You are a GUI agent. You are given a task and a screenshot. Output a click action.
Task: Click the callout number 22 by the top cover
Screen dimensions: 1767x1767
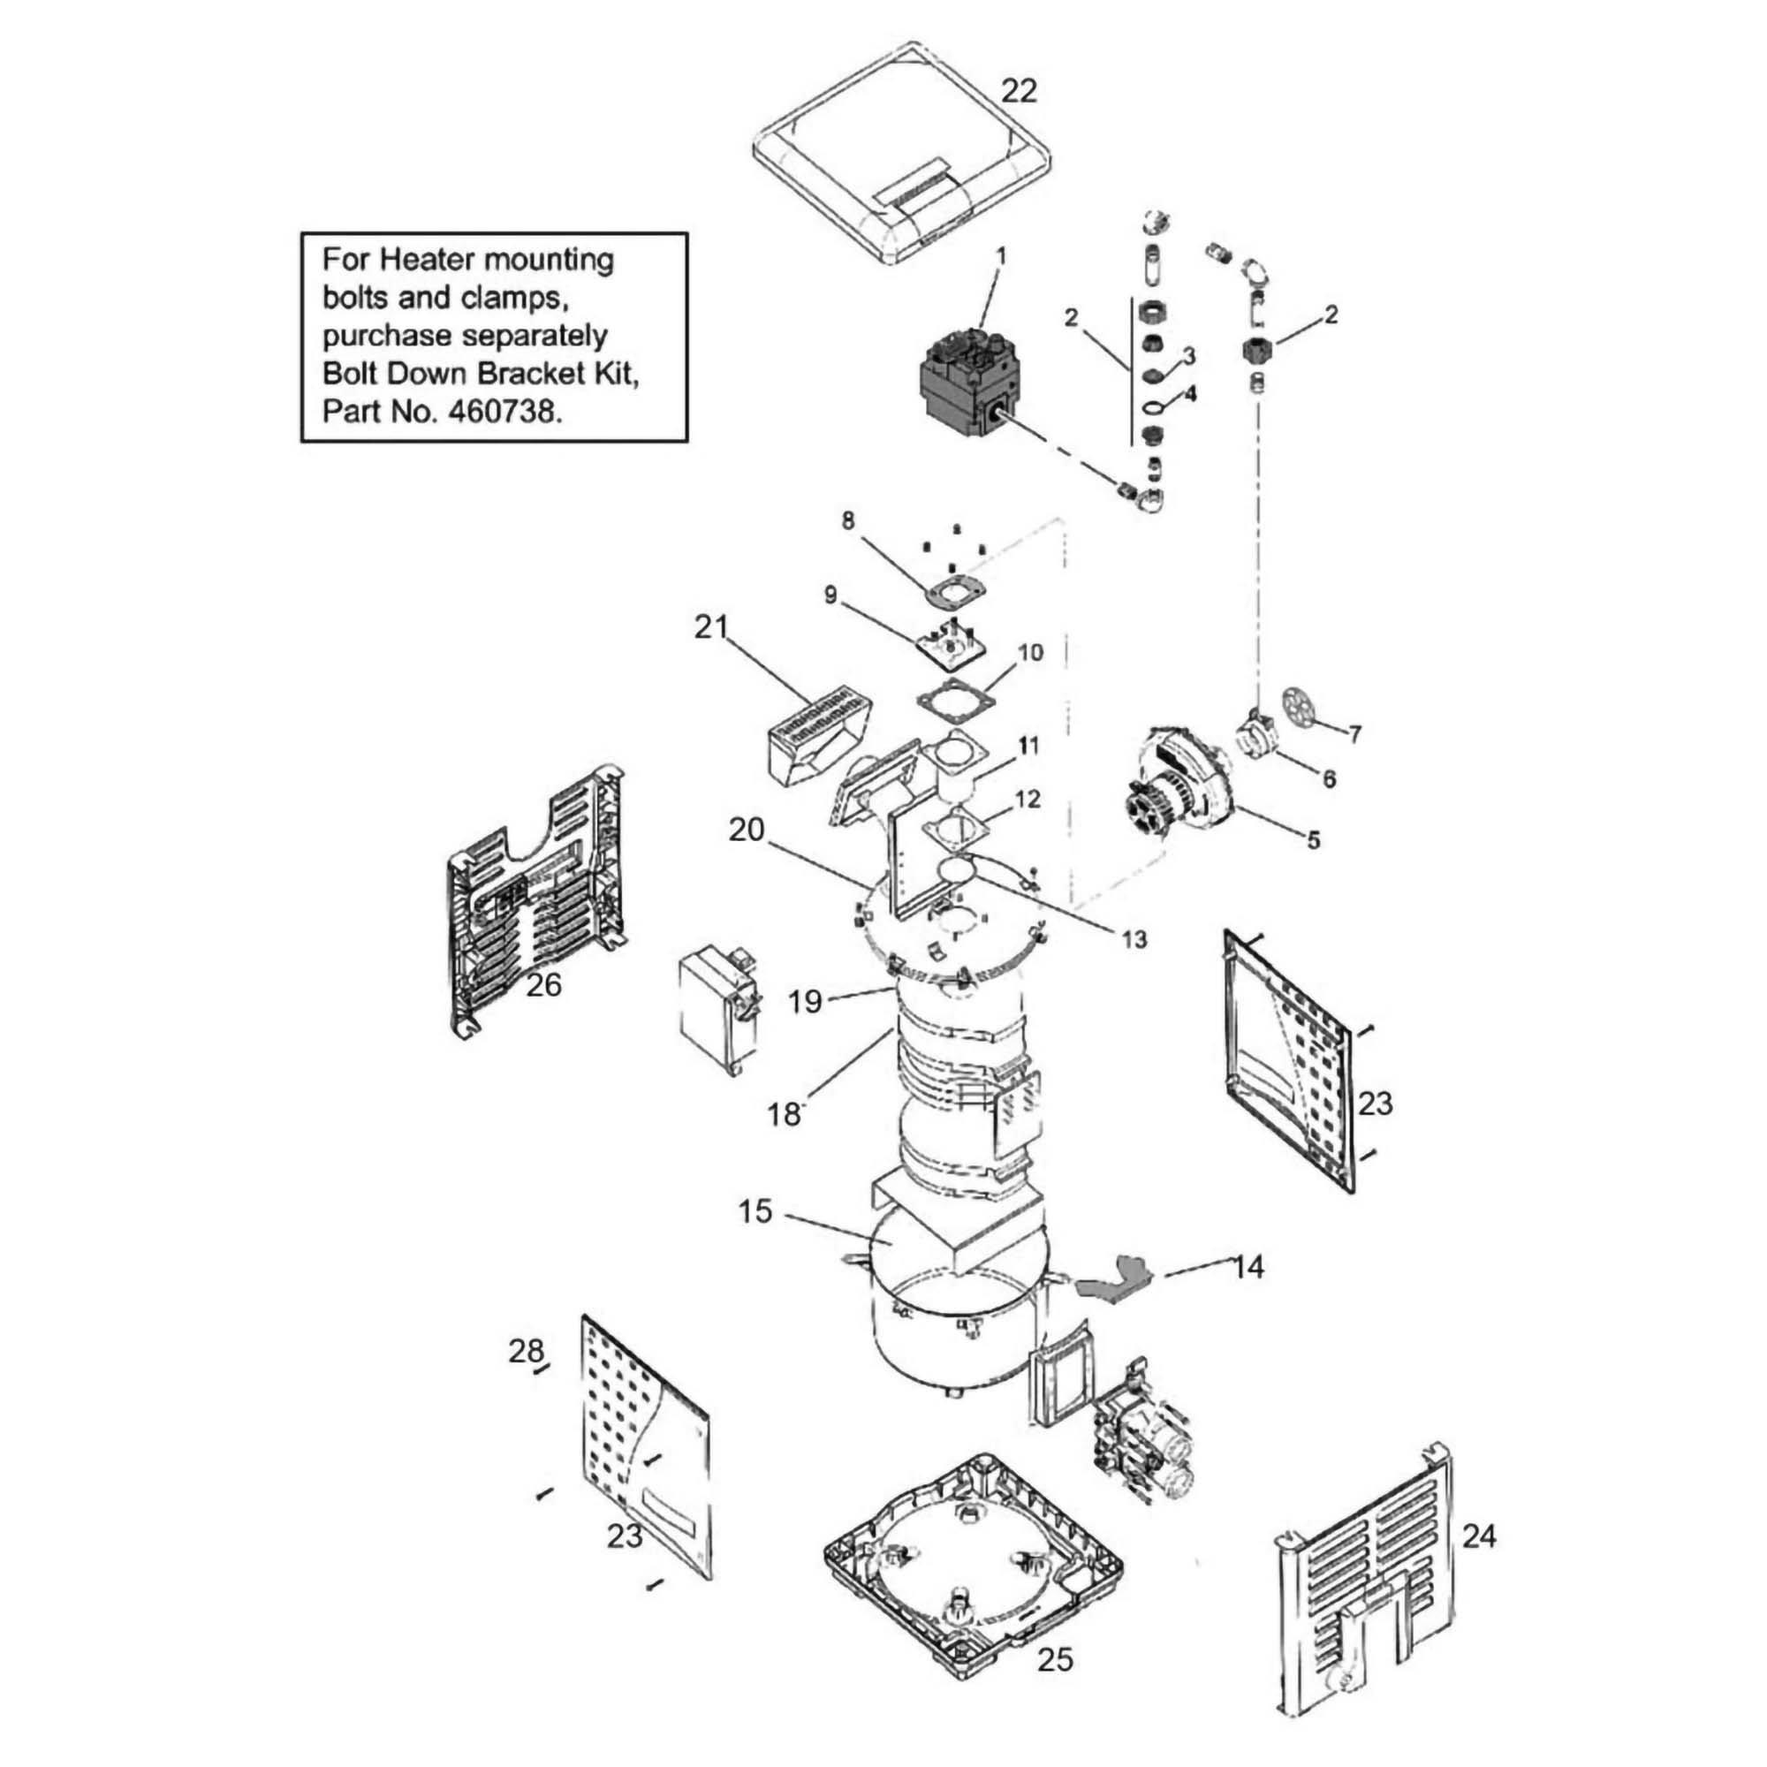tap(1019, 92)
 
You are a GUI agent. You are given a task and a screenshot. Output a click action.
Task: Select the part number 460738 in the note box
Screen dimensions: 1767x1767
tap(501, 412)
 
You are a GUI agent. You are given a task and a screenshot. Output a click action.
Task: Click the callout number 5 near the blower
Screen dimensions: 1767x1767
tap(1314, 839)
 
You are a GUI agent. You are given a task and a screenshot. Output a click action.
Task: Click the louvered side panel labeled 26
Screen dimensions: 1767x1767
tap(535, 901)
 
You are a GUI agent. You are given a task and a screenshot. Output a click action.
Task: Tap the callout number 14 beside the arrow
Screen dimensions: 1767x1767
tap(1248, 1267)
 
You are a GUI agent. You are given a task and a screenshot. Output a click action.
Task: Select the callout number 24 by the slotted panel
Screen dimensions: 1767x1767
tap(1479, 1536)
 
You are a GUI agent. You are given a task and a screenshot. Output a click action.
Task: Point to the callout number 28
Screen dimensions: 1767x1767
tap(526, 1350)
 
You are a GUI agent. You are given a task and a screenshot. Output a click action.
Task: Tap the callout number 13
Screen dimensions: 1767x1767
tap(1134, 939)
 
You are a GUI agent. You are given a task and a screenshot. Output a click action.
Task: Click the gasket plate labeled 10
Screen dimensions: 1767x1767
tap(956, 699)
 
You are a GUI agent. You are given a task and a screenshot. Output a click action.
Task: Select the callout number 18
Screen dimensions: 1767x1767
tap(784, 1115)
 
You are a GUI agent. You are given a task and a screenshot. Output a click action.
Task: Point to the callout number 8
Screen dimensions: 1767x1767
tap(848, 520)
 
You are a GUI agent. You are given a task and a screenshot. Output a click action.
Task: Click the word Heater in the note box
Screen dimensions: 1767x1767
tap(427, 260)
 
